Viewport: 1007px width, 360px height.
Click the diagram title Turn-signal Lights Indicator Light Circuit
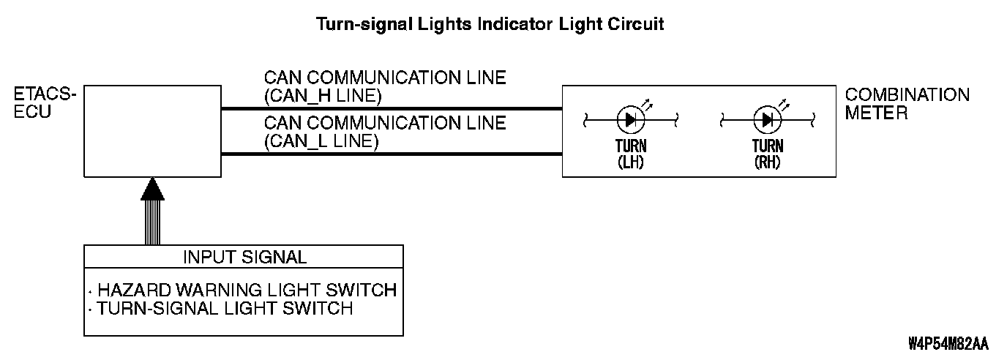(490, 24)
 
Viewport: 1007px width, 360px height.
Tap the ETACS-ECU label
(45, 103)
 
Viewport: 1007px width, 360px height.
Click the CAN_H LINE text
(323, 96)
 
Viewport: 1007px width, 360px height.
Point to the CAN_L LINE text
(321, 141)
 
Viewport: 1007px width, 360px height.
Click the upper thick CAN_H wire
(392, 109)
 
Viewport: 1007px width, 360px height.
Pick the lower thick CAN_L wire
(392, 154)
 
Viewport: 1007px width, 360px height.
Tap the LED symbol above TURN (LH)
(631, 120)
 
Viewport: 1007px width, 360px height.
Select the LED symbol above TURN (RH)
(768, 120)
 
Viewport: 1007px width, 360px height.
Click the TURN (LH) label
(631, 154)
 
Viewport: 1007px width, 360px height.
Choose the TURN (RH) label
(768, 154)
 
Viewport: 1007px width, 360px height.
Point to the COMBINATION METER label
(907, 104)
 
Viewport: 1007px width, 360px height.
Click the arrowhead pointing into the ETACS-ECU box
(152, 189)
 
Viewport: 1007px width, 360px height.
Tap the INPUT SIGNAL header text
(244, 257)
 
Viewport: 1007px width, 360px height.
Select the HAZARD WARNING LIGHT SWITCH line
(247, 290)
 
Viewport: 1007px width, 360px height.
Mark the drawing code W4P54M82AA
(948, 344)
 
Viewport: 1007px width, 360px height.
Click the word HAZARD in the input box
(134, 290)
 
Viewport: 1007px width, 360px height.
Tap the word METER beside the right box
(876, 113)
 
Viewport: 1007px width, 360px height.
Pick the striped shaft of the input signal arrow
(152, 222)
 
